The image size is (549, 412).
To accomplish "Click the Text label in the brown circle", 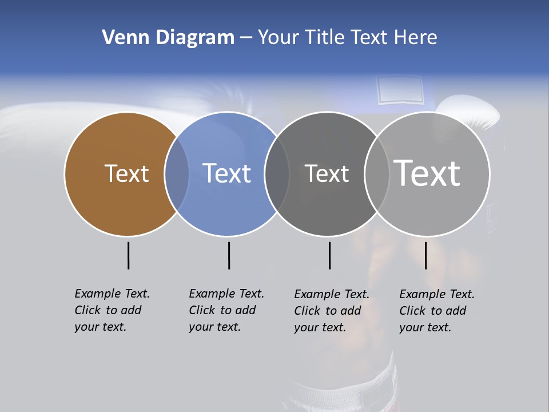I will [126, 173].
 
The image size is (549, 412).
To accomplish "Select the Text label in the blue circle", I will [227, 173].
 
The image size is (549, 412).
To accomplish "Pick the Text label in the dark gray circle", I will [327, 173].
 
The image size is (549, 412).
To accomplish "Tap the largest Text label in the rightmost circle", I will [427, 173].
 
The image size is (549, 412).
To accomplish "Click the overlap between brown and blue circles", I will [177, 174].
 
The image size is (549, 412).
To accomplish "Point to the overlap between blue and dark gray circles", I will [277, 174].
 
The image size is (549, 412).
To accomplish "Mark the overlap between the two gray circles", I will [376, 174].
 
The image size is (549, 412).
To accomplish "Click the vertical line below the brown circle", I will [128, 255].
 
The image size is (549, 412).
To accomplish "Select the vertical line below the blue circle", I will [229, 255].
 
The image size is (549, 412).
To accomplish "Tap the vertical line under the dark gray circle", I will [329, 255].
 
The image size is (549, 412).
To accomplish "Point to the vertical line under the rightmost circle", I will [425, 255].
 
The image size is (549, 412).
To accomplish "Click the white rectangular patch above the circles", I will [400, 90].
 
